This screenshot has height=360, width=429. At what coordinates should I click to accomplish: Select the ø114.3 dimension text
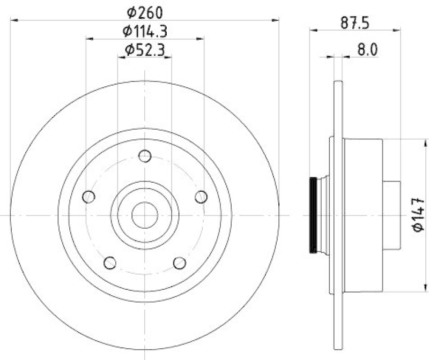point(145,31)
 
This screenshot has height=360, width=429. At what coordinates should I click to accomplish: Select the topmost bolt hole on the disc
point(145,156)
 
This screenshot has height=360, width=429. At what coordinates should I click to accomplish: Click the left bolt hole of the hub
point(90,196)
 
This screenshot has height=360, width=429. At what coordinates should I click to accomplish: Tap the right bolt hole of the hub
point(201,196)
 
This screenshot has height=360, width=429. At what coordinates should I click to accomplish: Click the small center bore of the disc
point(145,215)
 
